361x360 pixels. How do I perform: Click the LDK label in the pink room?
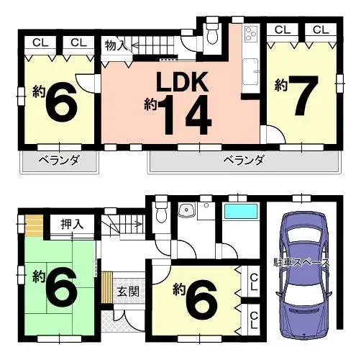click(182, 81)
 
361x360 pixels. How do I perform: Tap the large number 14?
click(188, 114)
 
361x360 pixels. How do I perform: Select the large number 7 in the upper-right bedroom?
click(303, 95)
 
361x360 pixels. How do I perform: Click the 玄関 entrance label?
click(128, 292)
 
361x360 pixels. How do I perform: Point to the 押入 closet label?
click(72, 224)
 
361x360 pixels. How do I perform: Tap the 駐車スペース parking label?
click(302, 263)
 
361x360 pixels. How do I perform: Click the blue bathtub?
click(241, 211)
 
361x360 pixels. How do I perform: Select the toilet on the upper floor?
click(212, 33)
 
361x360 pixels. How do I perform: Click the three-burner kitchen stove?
click(251, 34)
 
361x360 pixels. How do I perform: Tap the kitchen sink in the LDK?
click(251, 72)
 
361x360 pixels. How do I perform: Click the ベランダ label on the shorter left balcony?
click(59, 160)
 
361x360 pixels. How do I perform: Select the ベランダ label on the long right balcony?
click(244, 160)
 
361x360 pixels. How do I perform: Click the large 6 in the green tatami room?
click(62, 288)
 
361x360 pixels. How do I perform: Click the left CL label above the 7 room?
click(283, 30)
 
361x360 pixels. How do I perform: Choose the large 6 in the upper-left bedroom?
click(62, 102)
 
